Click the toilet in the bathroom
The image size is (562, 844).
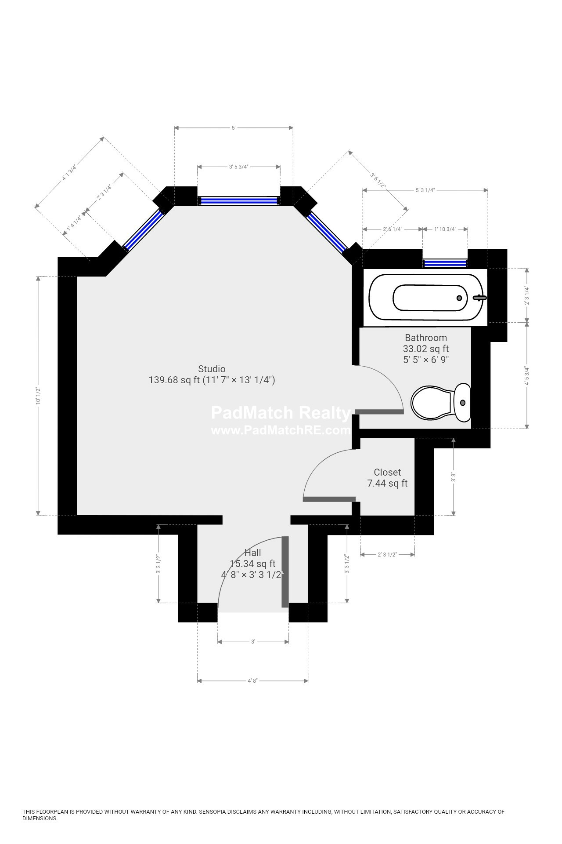coord(441,402)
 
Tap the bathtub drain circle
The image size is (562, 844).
coord(459,298)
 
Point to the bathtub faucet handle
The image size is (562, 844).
coord(479,298)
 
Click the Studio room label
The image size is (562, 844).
coord(212,369)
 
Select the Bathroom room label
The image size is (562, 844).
coord(426,338)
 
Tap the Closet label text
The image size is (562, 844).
coord(387,473)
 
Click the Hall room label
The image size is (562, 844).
coord(253,553)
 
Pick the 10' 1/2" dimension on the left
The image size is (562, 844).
coord(38,396)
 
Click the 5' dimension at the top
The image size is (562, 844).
coord(234,128)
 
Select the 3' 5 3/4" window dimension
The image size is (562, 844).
coord(239,167)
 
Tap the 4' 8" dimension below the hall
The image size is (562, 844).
coord(252,681)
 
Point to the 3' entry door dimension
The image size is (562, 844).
coord(253,642)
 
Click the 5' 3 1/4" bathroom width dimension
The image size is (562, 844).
coord(425,190)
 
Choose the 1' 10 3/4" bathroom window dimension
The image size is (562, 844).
coord(445,229)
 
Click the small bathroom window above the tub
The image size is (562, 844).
coord(445,263)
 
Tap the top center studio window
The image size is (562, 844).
coord(239,201)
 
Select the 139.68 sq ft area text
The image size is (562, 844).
coord(174,380)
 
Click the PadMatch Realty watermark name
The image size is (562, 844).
coord(281,413)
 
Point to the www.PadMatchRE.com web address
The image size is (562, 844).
coord(281,430)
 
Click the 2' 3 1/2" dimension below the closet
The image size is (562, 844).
coord(387,555)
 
